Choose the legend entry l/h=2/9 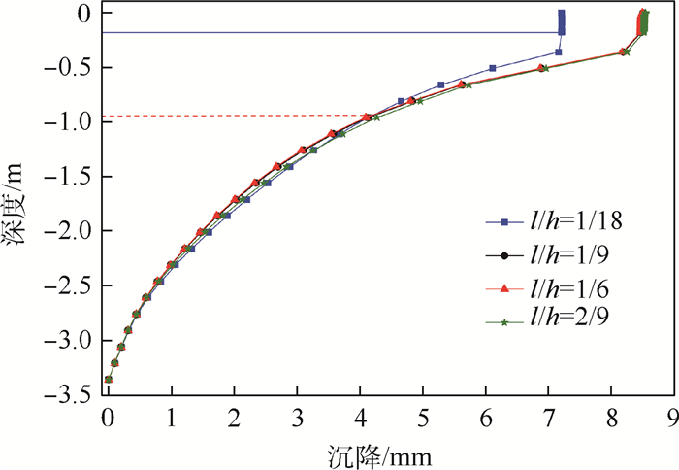(569, 322)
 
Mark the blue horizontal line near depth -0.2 (330, 33)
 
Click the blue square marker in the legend (504, 221)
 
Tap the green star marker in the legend (504, 322)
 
